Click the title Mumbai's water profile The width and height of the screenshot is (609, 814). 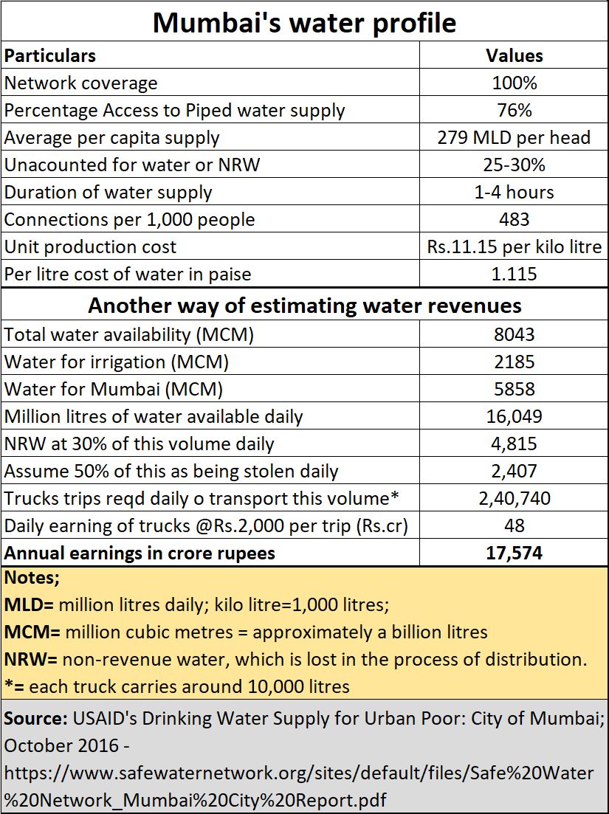[x=305, y=22]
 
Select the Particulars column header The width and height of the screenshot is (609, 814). [x=50, y=55]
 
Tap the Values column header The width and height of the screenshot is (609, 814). [x=514, y=55]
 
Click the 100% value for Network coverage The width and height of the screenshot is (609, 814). [x=514, y=83]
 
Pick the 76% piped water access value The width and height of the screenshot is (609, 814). [x=514, y=110]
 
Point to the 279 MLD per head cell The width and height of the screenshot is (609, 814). [x=514, y=137]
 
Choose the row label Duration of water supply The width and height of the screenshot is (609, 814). [x=108, y=193]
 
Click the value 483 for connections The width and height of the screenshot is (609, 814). [x=514, y=220]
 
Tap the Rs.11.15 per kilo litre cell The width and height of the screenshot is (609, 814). [x=514, y=246]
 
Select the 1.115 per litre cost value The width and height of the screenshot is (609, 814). [x=514, y=274]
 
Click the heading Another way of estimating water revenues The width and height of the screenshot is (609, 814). [x=305, y=306]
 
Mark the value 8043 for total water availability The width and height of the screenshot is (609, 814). [x=514, y=334]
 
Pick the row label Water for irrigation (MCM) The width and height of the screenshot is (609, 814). [x=117, y=362]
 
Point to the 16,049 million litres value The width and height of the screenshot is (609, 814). [x=514, y=416]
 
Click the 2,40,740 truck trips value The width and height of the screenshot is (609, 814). [x=514, y=498]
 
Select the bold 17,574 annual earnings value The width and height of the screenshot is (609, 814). [x=514, y=553]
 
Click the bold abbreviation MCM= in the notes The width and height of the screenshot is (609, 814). [x=32, y=632]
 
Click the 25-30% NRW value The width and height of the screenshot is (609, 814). [x=514, y=165]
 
